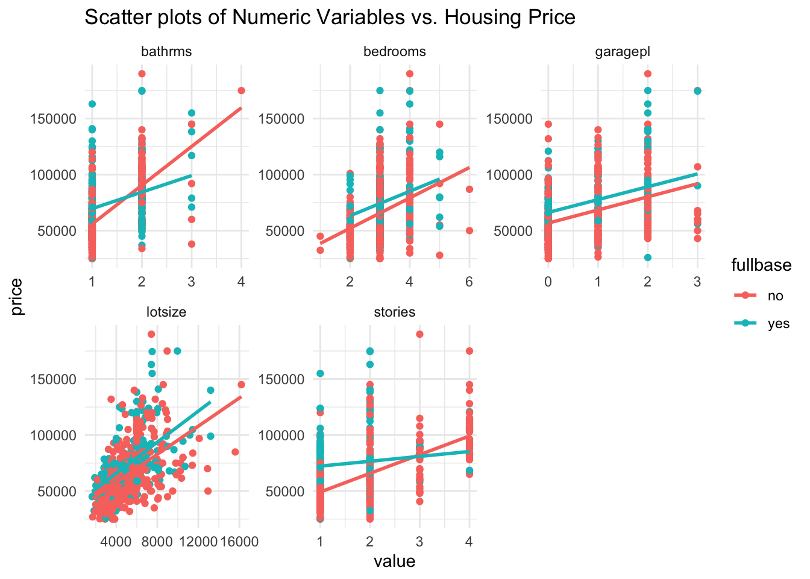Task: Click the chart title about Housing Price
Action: click(330, 17)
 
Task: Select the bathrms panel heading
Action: click(166, 51)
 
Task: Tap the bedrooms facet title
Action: click(394, 51)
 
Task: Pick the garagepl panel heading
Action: click(623, 51)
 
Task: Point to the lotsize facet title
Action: click(166, 312)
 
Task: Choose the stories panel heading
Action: click(394, 312)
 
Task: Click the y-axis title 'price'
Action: click(17, 297)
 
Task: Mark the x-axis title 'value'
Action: click(394, 562)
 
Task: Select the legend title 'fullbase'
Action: click(761, 265)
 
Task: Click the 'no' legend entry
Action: click(775, 296)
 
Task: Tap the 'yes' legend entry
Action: click(778, 323)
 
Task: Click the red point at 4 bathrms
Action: click(241, 90)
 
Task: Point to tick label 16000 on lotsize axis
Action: click(239, 542)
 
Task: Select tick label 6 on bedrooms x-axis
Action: click(469, 280)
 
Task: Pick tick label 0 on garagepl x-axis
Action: click(547, 280)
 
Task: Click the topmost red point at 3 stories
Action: click(419, 334)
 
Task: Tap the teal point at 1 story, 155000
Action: click(320, 373)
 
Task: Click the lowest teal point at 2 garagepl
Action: click(647, 258)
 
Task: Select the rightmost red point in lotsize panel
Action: click(241, 384)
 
